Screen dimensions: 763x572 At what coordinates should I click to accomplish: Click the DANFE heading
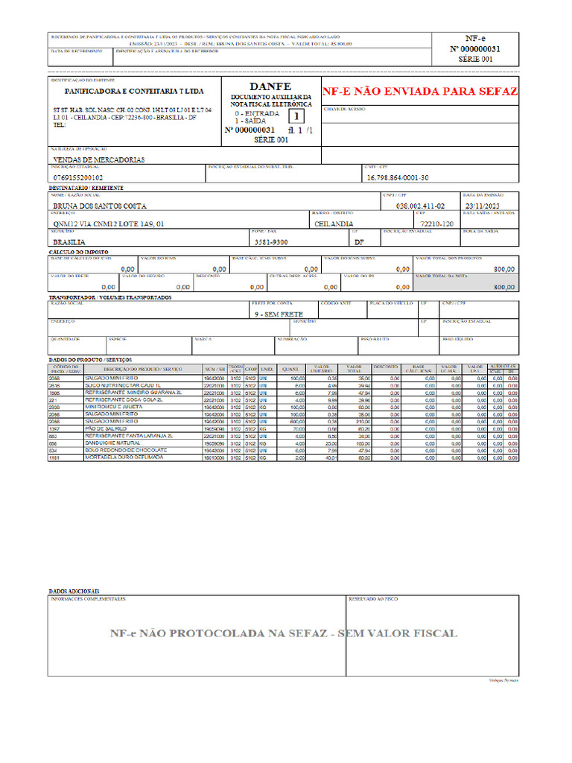(x=270, y=86)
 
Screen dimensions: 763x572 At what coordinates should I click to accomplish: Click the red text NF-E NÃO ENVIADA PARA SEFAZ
(x=419, y=92)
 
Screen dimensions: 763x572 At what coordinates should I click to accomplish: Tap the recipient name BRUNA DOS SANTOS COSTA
(x=100, y=206)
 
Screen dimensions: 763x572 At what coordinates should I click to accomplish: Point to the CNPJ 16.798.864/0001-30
(x=397, y=178)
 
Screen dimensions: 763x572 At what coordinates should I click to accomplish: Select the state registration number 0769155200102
(x=78, y=178)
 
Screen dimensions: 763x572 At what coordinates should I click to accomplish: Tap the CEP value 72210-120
(x=436, y=224)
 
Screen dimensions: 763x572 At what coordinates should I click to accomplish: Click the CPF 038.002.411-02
(x=420, y=206)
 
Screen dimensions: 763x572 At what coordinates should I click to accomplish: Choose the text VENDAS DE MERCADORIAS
(x=99, y=159)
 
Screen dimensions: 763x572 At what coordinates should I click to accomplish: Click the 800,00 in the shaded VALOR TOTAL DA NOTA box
(x=503, y=287)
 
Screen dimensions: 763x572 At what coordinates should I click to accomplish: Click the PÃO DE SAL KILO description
(x=106, y=428)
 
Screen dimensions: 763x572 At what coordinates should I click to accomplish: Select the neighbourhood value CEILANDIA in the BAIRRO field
(x=334, y=224)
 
